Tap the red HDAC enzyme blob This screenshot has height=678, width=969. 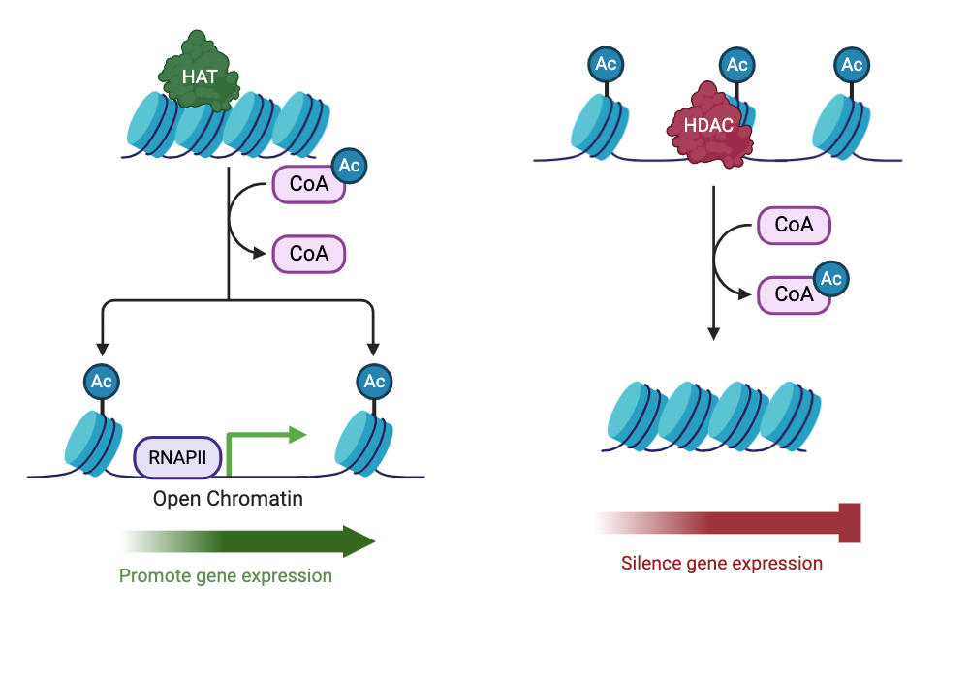(710, 126)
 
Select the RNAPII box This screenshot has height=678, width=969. (177, 456)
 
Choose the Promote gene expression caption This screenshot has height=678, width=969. (225, 576)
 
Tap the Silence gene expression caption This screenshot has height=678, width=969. (721, 563)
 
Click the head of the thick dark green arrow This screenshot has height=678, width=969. (359, 541)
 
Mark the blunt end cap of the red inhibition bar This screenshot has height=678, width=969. (850, 523)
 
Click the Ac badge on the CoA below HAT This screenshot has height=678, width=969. (349, 166)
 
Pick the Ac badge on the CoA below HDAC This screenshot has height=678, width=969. (830, 279)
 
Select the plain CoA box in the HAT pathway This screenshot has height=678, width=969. (309, 255)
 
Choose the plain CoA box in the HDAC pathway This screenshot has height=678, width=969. (794, 225)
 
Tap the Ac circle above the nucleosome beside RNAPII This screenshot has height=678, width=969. (102, 381)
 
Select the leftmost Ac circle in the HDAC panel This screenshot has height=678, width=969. (606, 65)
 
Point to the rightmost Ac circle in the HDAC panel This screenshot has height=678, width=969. (852, 65)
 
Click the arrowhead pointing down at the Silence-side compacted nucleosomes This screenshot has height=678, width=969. (713, 333)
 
